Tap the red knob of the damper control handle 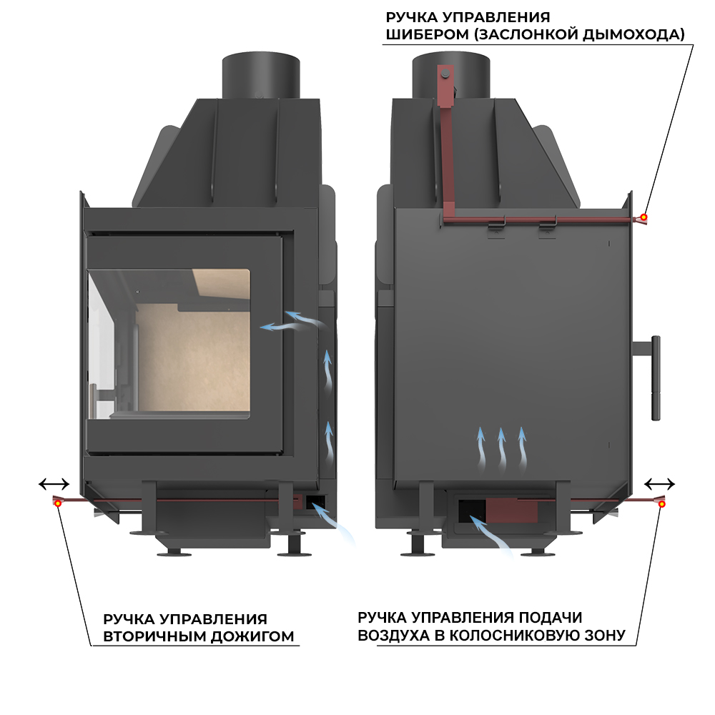point(643,217)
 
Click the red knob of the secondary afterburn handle point(57,503)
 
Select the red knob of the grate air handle point(662,504)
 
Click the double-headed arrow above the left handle point(54,485)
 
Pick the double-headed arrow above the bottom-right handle point(659,483)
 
